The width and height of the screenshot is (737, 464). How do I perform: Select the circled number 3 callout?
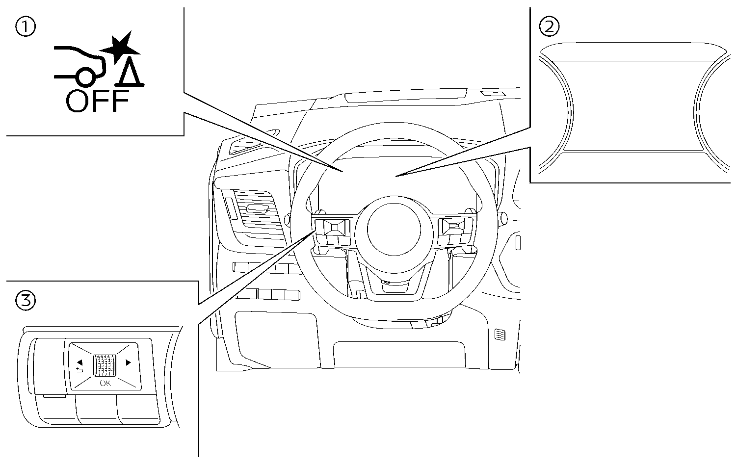coord(26,300)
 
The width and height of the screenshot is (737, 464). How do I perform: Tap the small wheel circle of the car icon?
coord(85,76)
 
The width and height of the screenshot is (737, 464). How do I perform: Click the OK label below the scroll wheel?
coord(105,383)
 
